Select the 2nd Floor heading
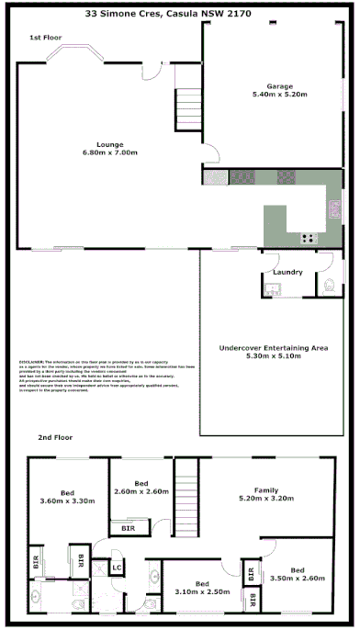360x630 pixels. (x=55, y=437)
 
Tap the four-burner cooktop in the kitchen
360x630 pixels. (x=307, y=239)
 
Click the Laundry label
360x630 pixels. (x=287, y=273)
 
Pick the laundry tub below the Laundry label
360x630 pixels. (x=273, y=290)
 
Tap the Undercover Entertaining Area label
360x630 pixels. (x=275, y=349)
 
